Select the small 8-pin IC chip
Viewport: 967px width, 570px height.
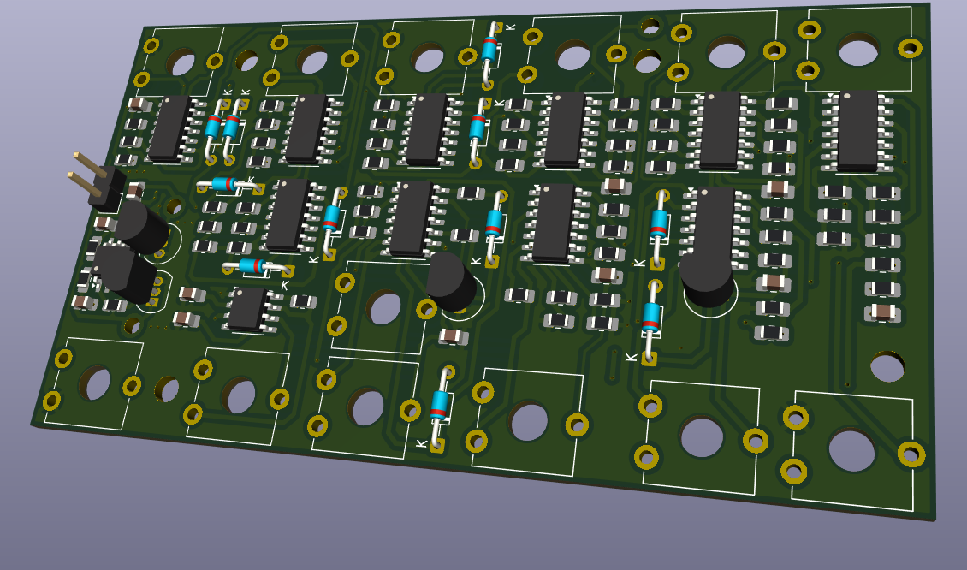246,308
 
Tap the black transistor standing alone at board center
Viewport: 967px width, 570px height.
450,281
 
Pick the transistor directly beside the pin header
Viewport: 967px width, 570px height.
139,225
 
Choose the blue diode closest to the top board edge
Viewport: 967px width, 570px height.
489,49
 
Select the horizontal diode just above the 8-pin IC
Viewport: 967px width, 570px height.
253,266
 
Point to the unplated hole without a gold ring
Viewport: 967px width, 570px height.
887,367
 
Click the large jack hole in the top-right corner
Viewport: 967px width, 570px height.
858,50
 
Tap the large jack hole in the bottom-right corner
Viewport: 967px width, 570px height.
851,450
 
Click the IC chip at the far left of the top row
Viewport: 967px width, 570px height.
169,128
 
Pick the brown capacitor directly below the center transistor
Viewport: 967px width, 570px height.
452,335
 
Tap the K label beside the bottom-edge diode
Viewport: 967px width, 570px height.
420,443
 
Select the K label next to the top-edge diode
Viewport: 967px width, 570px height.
511,27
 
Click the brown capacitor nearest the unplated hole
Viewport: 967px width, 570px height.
882,312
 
